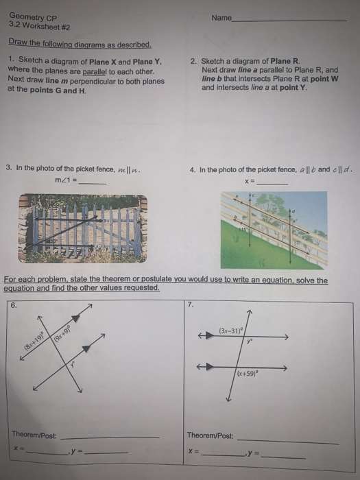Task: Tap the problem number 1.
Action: coord(11,61)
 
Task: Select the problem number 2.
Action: coord(193,61)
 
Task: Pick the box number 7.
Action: coord(190,305)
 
